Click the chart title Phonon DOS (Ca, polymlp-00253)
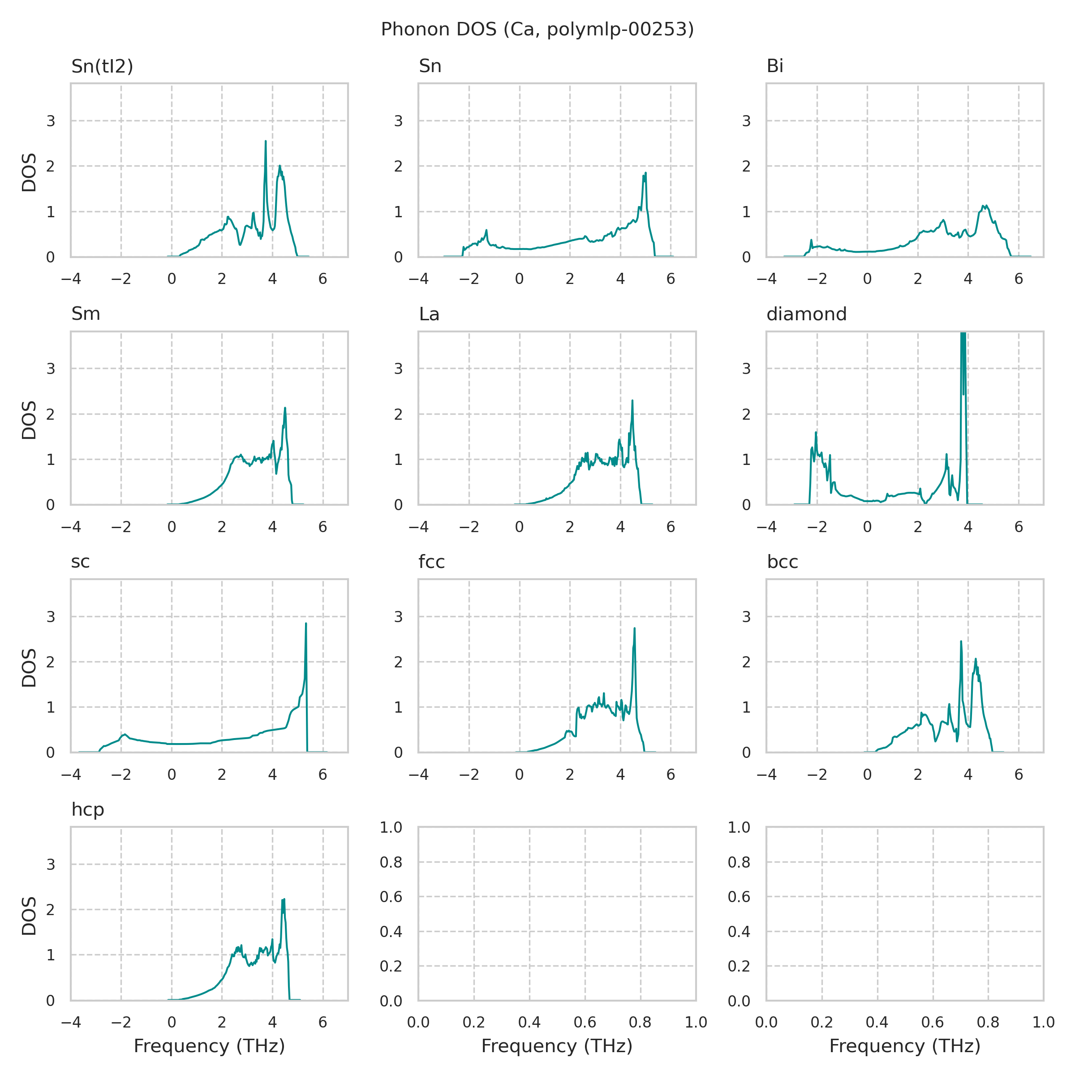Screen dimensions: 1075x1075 click(x=537, y=30)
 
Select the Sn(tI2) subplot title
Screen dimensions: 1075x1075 click(x=103, y=66)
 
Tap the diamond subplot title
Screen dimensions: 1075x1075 click(x=806, y=314)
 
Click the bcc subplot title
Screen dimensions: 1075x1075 click(x=783, y=562)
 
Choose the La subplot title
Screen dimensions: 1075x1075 click(x=429, y=314)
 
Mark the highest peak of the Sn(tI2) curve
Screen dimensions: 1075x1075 click(x=266, y=142)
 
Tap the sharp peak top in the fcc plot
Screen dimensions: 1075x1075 click(x=634, y=628)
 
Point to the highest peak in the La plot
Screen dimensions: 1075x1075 click(x=632, y=400)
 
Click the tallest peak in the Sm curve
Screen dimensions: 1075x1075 click(x=285, y=408)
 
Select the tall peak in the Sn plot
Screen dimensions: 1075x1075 click(x=645, y=173)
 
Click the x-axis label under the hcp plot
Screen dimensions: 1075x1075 click(x=209, y=1046)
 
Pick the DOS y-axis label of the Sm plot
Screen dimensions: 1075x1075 click(x=29, y=420)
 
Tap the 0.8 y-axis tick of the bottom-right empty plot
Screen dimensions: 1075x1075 click(x=739, y=862)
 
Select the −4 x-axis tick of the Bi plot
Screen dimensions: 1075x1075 click(x=766, y=279)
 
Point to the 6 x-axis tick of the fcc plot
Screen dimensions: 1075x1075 click(x=671, y=774)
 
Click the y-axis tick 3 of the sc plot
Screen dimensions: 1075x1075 click(x=51, y=616)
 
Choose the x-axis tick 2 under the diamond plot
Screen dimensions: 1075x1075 click(x=917, y=527)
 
